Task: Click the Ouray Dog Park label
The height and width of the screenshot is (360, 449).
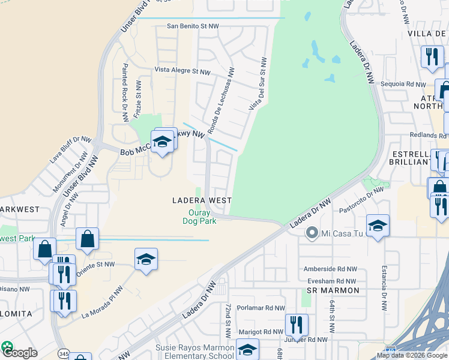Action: pos(199,216)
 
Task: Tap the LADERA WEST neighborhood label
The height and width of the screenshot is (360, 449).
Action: pos(202,200)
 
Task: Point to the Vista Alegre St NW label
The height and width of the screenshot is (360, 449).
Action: pos(182,71)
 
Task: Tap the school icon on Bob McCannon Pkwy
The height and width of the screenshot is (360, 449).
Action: pos(162,142)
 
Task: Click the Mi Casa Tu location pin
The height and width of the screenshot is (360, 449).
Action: pos(312,232)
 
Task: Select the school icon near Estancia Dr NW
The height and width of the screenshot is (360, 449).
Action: pos(378,226)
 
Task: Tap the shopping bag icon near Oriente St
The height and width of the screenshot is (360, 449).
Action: pos(88,238)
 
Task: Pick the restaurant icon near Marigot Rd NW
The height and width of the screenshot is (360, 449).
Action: pos(297,325)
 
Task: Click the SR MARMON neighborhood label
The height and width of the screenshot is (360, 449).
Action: pos(333,290)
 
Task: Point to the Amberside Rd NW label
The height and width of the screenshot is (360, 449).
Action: pos(330,269)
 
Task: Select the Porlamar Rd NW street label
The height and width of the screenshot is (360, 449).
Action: pos(260,308)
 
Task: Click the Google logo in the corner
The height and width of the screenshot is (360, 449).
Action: pos(19,352)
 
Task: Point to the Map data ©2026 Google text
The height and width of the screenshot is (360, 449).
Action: pos(412,355)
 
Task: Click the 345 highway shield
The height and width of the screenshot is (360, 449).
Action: pos(64,353)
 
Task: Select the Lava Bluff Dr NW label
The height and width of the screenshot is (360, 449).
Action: pos(71,150)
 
